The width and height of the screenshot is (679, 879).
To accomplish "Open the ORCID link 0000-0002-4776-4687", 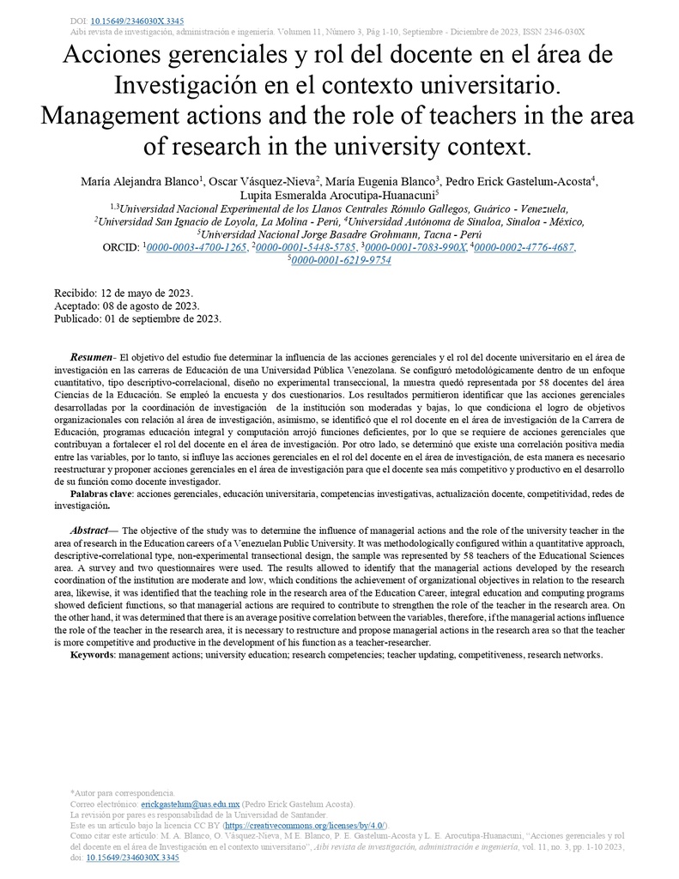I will point(524,247).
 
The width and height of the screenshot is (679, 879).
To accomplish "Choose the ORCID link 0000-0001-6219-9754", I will point(341,260).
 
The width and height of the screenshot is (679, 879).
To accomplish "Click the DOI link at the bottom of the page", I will point(133,857).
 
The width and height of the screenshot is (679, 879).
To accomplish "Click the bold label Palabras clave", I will point(101,495).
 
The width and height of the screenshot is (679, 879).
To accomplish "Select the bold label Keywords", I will point(93,655).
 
